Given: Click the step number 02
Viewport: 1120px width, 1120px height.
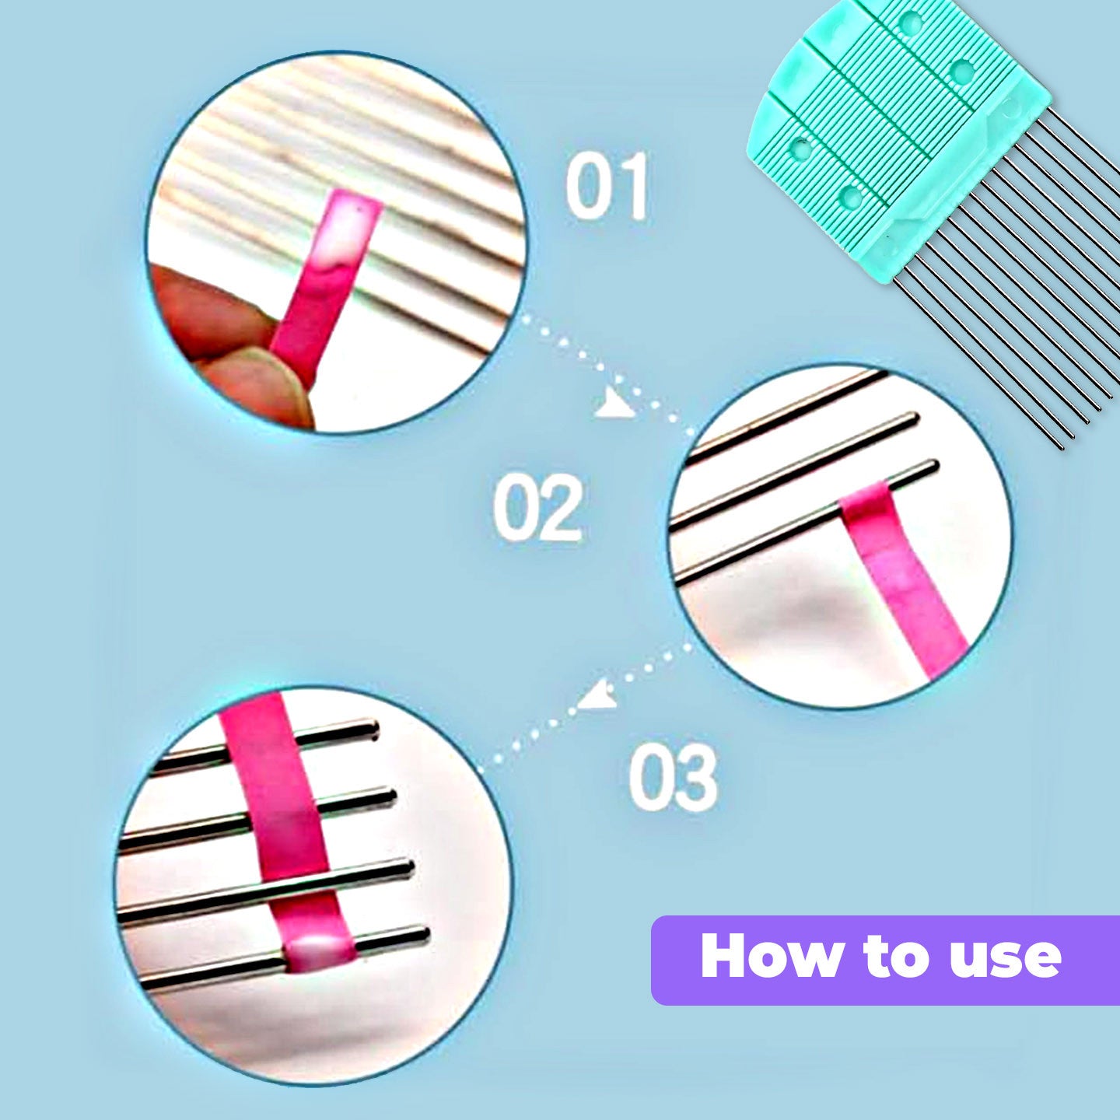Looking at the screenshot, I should tap(537, 509).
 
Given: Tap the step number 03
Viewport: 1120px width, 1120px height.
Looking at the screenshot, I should tap(673, 777).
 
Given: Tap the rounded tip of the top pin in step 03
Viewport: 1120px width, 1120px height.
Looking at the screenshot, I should tap(372, 729).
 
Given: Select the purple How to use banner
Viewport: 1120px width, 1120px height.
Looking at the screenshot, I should tap(885, 961).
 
